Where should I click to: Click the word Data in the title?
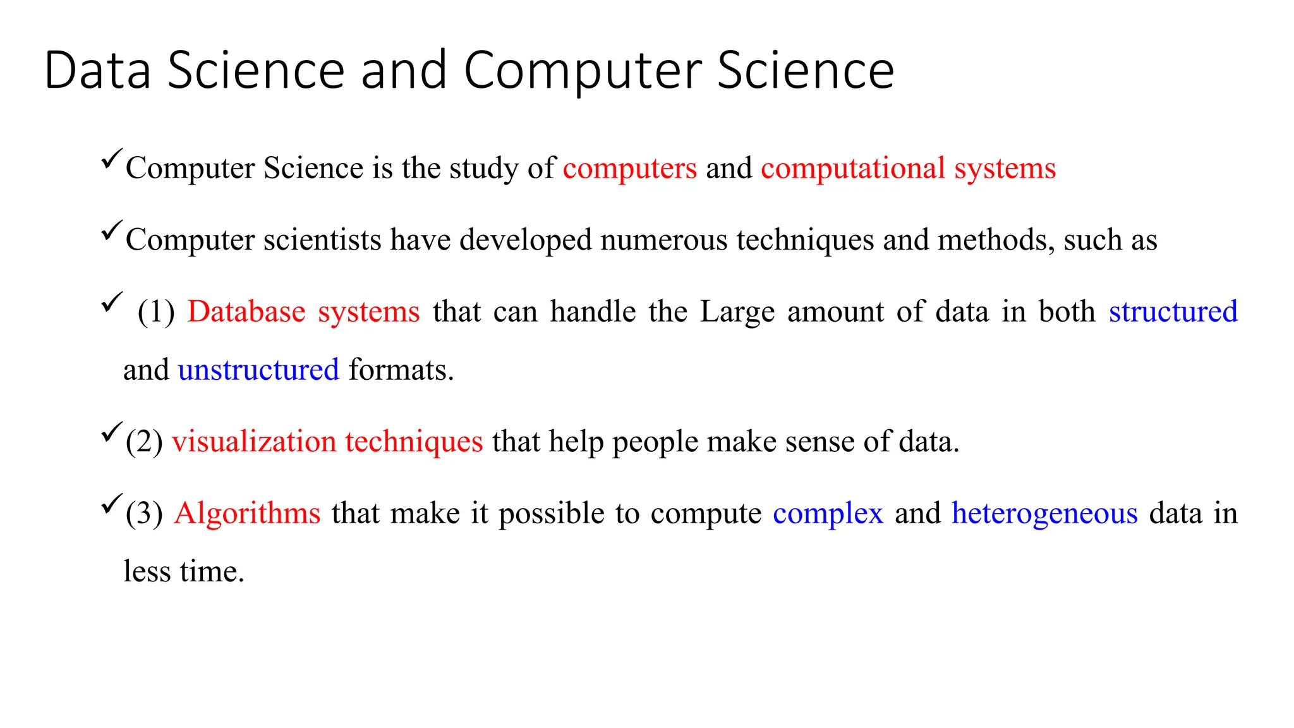[98, 70]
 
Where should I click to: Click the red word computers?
[630, 168]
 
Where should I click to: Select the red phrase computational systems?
[908, 168]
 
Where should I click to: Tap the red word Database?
[246, 312]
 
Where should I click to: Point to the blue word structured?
[1173, 312]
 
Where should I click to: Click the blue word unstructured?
[258, 370]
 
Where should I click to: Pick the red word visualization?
[253, 441]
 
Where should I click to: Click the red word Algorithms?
[248, 513]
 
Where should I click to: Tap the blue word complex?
[828, 513]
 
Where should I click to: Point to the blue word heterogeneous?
[1044, 513]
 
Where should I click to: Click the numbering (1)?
[156, 312]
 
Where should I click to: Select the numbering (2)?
[144, 442]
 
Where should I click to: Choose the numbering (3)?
[144, 513]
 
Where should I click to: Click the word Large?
[737, 312]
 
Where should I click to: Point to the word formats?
[401, 370]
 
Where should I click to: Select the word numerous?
[664, 240]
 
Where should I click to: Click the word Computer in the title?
[583, 70]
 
